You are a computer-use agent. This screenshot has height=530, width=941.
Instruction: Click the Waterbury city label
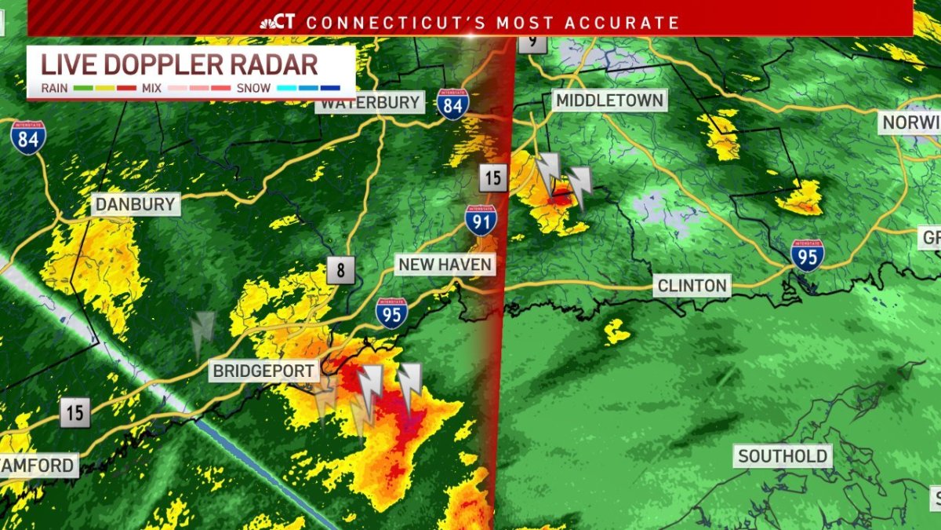370,103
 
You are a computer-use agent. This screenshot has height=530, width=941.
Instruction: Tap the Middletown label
609,100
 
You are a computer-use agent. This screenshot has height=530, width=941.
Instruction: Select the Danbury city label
135,206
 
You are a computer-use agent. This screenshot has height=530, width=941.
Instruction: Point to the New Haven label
445,265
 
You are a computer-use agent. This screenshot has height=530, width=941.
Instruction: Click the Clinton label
692,285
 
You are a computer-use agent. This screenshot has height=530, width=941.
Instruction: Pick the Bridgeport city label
264,371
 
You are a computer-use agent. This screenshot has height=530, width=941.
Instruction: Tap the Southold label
782,456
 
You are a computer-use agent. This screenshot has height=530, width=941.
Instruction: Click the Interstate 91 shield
479,221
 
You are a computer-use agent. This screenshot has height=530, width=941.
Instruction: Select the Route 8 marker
341,271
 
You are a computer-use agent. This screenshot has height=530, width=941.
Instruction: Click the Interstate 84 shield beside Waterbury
453,104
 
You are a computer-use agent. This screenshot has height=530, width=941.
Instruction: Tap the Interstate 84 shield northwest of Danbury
27,137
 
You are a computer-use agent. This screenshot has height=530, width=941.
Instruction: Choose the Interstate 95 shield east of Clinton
807,255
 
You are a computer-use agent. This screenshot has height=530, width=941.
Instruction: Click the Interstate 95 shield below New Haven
391,313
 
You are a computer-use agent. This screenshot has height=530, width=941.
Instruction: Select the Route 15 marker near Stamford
74,412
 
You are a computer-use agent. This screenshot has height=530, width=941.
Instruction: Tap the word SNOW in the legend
253,88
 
